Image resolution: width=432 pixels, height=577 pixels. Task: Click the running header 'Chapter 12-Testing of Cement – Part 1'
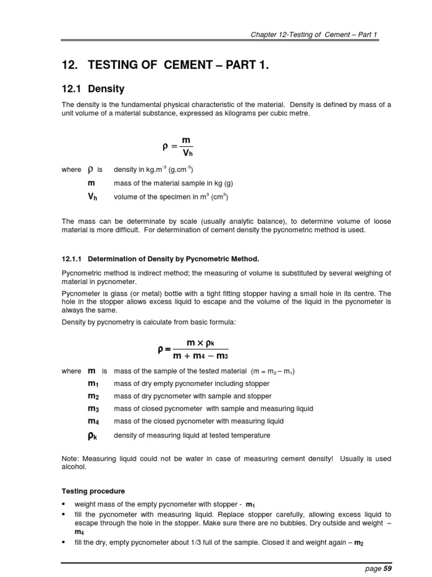click(x=314, y=34)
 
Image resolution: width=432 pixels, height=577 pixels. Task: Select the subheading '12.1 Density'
click(x=93, y=89)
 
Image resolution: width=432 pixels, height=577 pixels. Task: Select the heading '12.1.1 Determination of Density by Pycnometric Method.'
click(x=160, y=259)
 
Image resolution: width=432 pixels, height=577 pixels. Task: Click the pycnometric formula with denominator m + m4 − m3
click(x=193, y=350)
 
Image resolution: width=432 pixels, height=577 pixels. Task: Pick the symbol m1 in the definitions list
click(x=93, y=384)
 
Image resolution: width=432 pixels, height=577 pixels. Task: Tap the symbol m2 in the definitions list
click(x=93, y=396)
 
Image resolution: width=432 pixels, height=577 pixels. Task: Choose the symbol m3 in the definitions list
click(x=93, y=409)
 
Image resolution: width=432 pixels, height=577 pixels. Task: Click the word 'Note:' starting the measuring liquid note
click(x=70, y=459)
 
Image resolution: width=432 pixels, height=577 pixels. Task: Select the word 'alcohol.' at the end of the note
click(x=73, y=467)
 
